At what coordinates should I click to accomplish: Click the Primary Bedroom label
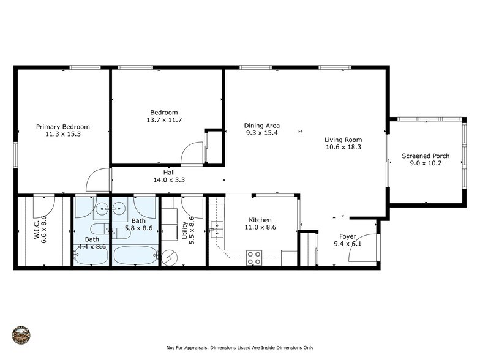[62, 127]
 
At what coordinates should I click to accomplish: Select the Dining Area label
[261, 125]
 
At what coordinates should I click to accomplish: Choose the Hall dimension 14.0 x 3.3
[170, 180]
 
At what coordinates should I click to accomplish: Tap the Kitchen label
[260, 220]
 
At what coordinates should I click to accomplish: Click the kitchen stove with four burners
[254, 258]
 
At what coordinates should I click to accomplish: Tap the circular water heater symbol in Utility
[167, 259]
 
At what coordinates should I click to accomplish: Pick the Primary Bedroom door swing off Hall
[98, 181]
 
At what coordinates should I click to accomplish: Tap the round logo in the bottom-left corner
[21, 335]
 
